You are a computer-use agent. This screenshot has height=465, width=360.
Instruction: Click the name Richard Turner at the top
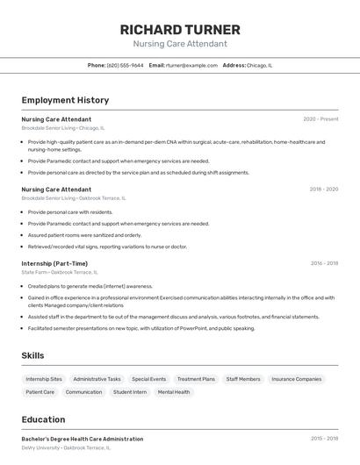click(x=180, y=29)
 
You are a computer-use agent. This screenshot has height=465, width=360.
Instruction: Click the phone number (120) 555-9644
click(x=126, y=65)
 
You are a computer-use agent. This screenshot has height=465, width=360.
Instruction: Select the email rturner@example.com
click(x=191, y=65)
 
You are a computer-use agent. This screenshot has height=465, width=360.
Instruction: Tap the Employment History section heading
click(x=65, y=100)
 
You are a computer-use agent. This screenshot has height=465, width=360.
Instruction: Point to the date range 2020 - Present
click(x=320, y=118)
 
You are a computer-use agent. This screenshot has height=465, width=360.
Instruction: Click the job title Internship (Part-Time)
click(x=54, y=263)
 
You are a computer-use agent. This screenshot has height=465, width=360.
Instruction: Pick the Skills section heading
click(x=33, y=355)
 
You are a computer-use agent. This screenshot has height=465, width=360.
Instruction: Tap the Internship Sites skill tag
click(x=44, y=379)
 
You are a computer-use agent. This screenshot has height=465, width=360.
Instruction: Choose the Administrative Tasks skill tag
click(x=97, y=379)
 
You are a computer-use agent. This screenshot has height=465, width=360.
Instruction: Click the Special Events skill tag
click(x=148, y=379)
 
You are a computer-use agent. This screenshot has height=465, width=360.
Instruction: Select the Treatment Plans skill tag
click(x=196, y=379)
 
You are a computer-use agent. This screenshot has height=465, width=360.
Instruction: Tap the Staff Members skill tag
click(x=243, y=379)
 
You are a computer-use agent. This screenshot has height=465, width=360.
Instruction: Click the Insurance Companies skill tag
click(x=296, y=379)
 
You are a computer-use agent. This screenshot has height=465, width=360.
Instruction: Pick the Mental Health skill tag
click(x=174, y=392)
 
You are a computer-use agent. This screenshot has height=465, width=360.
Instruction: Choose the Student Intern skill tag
click(x=130, y=392)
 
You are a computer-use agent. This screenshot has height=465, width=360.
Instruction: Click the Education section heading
click(x=44, y=419)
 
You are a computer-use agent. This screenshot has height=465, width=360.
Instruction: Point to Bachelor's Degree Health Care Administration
click(x=83, y=439)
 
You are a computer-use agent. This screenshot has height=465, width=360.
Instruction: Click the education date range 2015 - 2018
click(x=324, y=439)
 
